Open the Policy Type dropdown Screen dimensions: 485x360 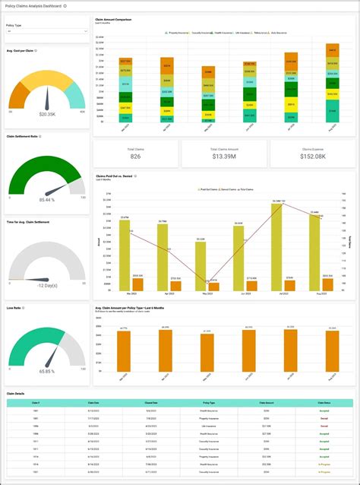pyautogui.click(x=46, y=31)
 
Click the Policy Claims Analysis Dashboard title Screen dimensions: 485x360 pyautogui.click(x=33, y=5)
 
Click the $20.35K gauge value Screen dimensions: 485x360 pyautogui.click(x=46, y=113)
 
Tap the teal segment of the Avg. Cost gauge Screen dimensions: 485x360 pyautogui.click(x=74, y=95)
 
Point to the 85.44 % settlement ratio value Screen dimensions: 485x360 pyautogui.click(x=46, y=200)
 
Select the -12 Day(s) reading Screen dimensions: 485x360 pyautogui.click(x=46, y=285)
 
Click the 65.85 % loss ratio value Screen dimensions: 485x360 pyautogui.click(x=46, y=371)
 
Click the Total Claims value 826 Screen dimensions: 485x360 pyautogui.click(x=135, y=156)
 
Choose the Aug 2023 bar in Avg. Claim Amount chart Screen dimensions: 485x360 pyautogui.click(x=332, y=352)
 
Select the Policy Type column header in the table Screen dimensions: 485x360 pyautogui.click(x=208, y=403)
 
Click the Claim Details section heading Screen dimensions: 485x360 pyautogui.click(x=16, y=393)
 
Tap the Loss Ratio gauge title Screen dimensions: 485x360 pyautogui.click(x=14, y=308)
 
